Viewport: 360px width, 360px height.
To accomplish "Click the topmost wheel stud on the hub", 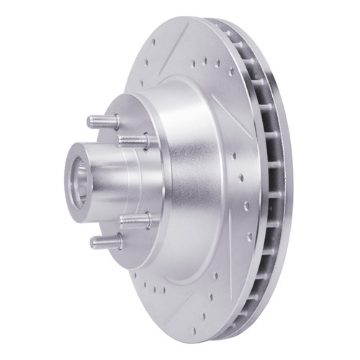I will (x=103, y=118).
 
